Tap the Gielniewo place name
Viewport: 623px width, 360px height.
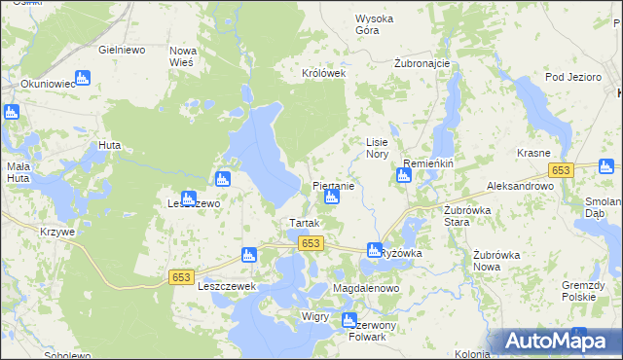click(122, 49)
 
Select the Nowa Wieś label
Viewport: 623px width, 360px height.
click(183, 55)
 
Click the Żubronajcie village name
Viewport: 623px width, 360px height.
click(421, 63)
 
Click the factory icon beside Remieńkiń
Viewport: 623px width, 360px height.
click(403, 175)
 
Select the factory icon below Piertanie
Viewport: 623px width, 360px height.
click(331, 198)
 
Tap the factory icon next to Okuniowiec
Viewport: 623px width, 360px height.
click(82, 77)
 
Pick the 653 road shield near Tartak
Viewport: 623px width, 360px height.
click(311, 243)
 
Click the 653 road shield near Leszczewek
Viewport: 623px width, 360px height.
click(181, 277)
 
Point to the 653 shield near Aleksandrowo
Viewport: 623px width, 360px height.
click(559, 170)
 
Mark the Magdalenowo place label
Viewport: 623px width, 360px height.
click(366, 290)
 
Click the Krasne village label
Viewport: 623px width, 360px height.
click(534, 154)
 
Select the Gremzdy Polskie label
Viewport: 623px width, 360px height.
click(584, 288)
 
